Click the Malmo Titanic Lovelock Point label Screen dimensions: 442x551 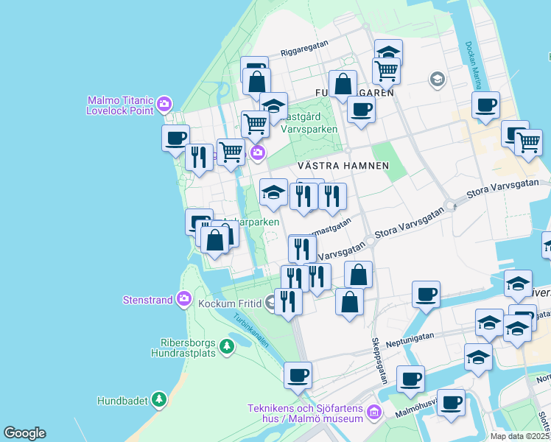[119, 105]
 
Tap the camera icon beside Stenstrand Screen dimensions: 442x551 [184, 299]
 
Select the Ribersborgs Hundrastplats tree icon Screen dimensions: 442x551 [228, 346]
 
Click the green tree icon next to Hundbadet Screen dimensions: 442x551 [158, 400]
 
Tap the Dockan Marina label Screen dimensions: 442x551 [472, 62]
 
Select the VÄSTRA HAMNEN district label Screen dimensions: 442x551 [343, 166]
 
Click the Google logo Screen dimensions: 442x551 [24, 433]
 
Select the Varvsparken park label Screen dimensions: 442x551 [309, 129]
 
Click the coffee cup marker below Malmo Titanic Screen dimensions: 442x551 [175, 138]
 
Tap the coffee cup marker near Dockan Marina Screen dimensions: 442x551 [485, 105]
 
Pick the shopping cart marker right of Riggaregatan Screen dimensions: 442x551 [385, 71]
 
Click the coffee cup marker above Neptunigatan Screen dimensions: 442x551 [426, 295]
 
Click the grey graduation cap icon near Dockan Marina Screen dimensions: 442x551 [438, 79]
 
